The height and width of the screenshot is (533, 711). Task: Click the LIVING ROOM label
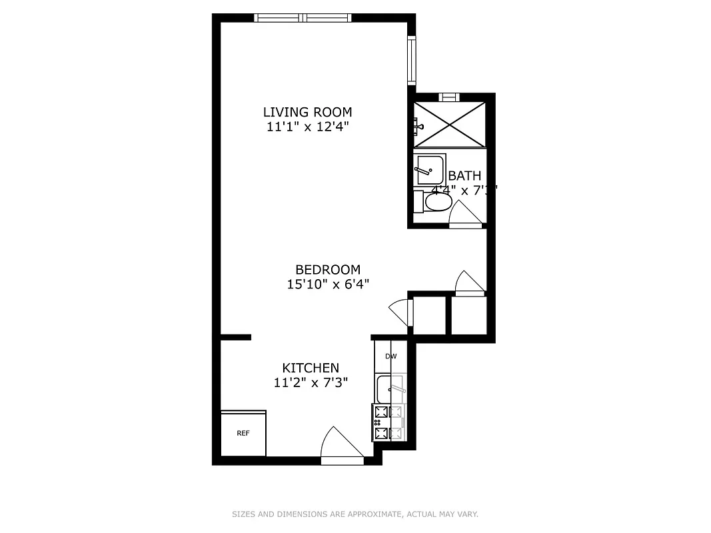307,112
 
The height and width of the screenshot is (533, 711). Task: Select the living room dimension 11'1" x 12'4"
307,126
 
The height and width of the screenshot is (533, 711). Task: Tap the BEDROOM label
328,270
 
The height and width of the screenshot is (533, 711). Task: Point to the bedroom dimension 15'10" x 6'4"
328,284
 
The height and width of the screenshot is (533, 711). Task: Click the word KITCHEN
311,368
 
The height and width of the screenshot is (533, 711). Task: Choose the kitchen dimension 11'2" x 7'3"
311,382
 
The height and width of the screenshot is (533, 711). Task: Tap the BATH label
464,176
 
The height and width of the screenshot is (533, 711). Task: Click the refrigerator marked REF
243,433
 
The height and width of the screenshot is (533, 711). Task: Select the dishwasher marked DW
390,356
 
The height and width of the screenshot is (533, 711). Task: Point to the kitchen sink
390,388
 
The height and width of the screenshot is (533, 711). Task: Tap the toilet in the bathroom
433,202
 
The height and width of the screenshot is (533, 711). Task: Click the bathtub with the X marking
450,124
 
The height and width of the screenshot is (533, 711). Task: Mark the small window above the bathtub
450,97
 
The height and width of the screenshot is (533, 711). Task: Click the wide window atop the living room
303,18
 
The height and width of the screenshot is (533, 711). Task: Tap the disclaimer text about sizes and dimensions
355,514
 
